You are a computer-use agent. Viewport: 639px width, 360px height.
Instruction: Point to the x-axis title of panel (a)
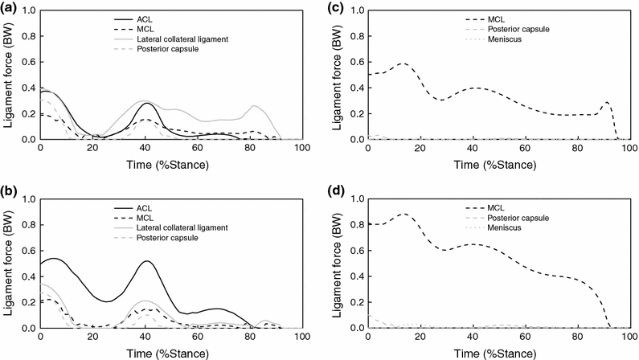coord(171,165)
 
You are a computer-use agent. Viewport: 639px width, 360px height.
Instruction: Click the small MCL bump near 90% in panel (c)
coord(606,102)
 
